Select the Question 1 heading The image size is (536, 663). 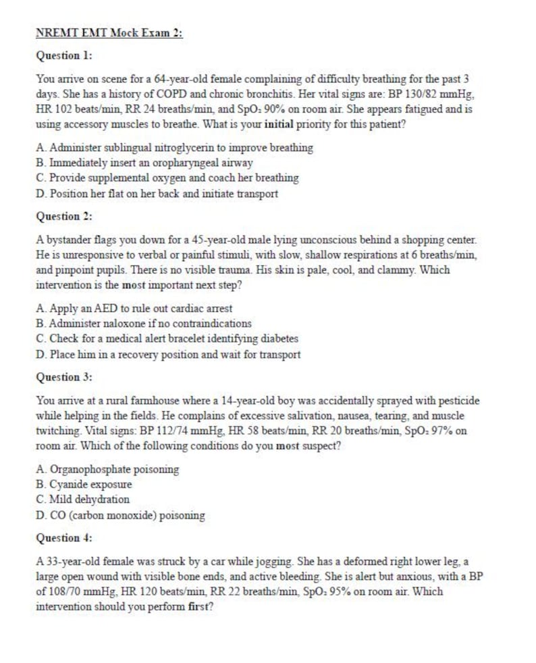[x=64, y=55]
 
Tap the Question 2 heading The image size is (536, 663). [x=64, y=217]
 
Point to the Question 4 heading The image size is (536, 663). [x=64, y=538]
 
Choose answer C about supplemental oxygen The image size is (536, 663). [x=167, y=178]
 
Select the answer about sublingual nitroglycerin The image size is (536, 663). [x=174, y=147]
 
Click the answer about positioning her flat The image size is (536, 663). [x=157, y=194]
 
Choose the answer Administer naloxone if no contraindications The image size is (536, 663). [x=144, y=323]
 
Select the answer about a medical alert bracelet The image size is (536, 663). [x=167, y=339]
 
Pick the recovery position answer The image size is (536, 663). [x=168, y=354]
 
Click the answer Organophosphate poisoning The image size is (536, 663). [x=107, y=469]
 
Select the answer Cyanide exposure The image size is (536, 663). [x=84, y=484]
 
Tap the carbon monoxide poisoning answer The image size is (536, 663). [x=120, y=515]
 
